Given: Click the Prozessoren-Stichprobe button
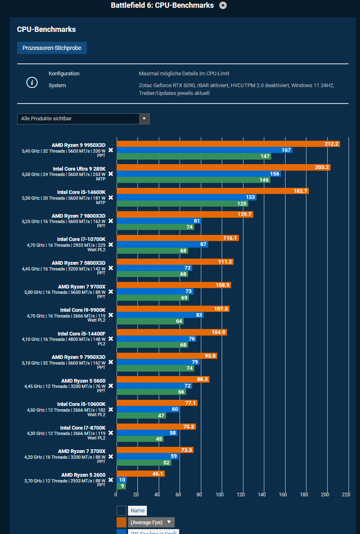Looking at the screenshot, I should pos(52,48).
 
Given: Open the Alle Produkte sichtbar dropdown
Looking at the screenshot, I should pos(83,119).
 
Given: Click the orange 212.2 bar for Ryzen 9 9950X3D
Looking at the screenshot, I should pos(228,144).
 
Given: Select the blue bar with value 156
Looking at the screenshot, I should pos(198,174).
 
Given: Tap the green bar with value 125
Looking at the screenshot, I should pos(182,203).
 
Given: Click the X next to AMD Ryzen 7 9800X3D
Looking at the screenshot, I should pos(110,221).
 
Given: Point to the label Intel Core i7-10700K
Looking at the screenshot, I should pos(81,239).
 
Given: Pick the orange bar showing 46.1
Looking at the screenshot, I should pos(140,473).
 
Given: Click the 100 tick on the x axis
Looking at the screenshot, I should pos(220,494).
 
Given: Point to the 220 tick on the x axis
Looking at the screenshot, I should pos(346,494).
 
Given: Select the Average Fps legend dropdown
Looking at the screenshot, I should pos(151,522).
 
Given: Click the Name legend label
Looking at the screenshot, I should pos(137,510).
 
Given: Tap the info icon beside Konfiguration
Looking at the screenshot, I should pos(32,82).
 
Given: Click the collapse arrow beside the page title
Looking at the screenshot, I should pos(223,5).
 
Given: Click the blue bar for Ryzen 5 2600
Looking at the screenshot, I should pos(122,480).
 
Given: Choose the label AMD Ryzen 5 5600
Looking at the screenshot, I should pos(83,381).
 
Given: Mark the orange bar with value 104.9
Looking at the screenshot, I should pos(171,332).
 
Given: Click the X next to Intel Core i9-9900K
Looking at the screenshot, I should pos(110,315).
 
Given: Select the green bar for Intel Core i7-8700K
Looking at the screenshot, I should pos(140,439).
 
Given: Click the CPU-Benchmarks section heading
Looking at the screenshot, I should pos(46,29).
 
